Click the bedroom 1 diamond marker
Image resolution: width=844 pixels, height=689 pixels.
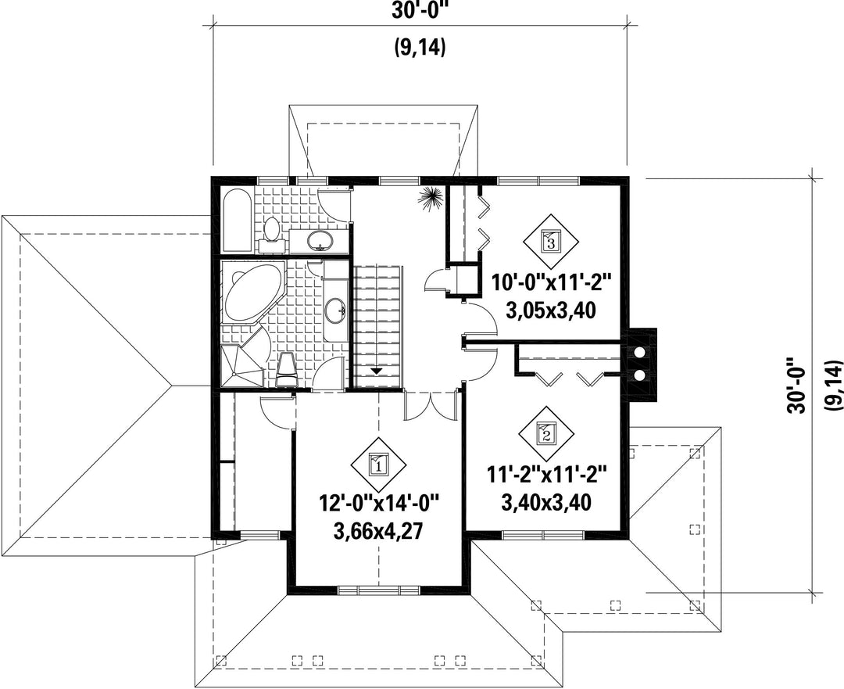click(378, 463)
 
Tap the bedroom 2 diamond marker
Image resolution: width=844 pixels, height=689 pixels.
click(546, 432)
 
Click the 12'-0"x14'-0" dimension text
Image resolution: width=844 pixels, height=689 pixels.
click(379, 506)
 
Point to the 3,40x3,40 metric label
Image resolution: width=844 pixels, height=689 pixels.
click(546, 502)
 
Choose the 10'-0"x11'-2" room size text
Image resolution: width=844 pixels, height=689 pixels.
click(551, 283)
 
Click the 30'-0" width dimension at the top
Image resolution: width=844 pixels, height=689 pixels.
click(420, 11)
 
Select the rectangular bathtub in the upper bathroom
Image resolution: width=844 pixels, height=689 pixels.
click(236, 221)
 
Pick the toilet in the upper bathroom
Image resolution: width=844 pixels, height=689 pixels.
click(272, 232)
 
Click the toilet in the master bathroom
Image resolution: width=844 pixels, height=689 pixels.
click(286, 370)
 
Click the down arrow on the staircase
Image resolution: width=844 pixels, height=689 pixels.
click(376, 371)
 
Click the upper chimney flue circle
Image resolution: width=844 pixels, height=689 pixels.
click(639, 352)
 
